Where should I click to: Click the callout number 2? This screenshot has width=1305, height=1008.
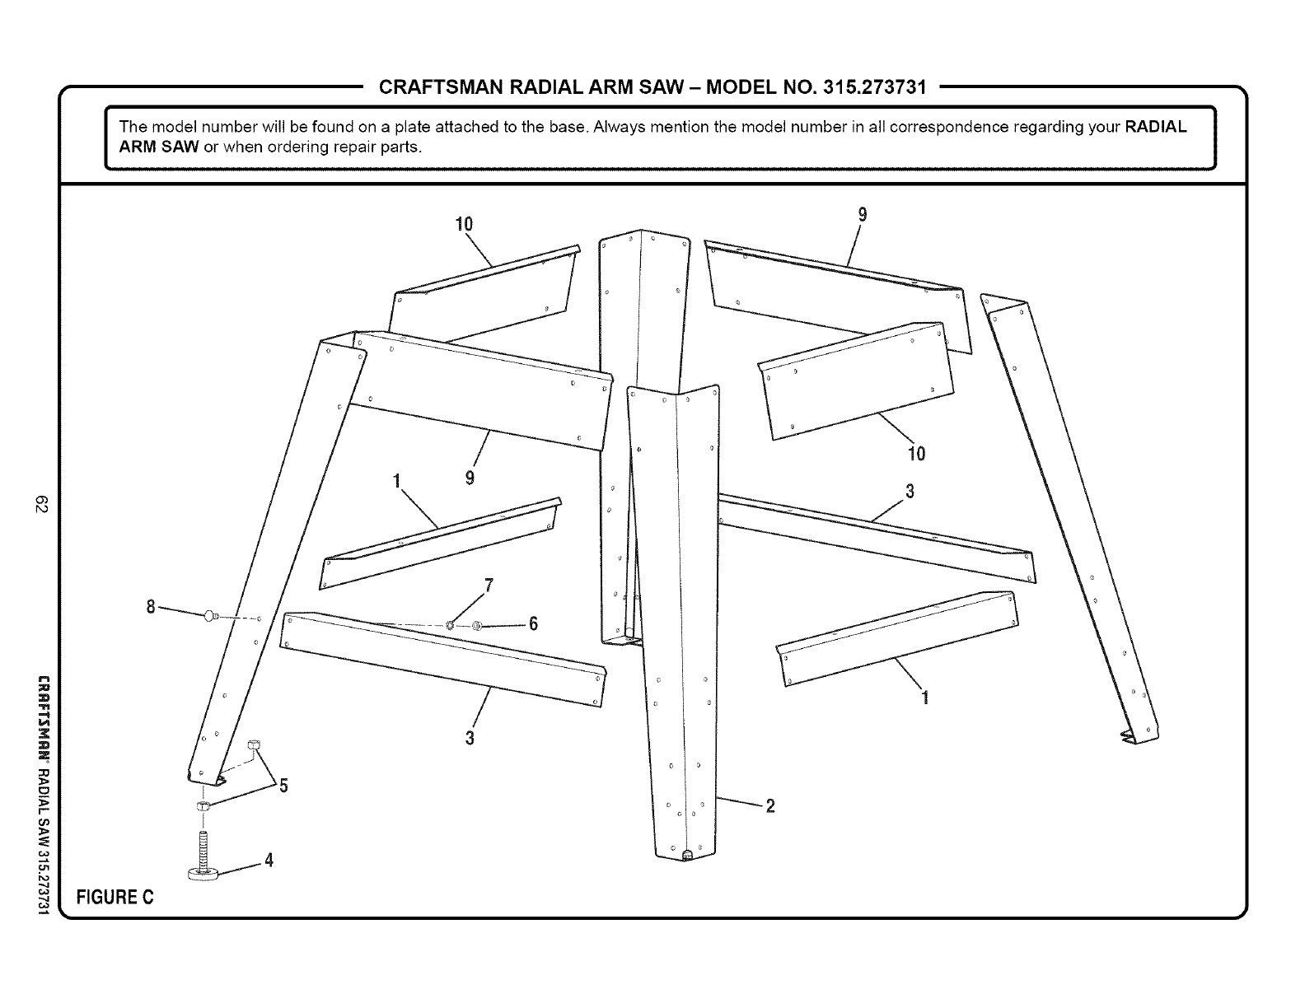770,806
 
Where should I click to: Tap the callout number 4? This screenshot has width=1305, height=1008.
268,861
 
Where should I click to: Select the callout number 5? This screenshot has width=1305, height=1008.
283,786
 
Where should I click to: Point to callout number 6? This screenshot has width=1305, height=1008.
533,624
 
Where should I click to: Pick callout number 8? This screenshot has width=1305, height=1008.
151,607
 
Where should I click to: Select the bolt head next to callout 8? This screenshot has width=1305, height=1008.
209,614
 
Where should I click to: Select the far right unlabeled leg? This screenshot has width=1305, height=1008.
1071,519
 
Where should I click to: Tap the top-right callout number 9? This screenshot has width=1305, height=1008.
863,214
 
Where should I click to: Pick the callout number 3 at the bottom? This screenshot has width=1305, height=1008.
470,737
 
